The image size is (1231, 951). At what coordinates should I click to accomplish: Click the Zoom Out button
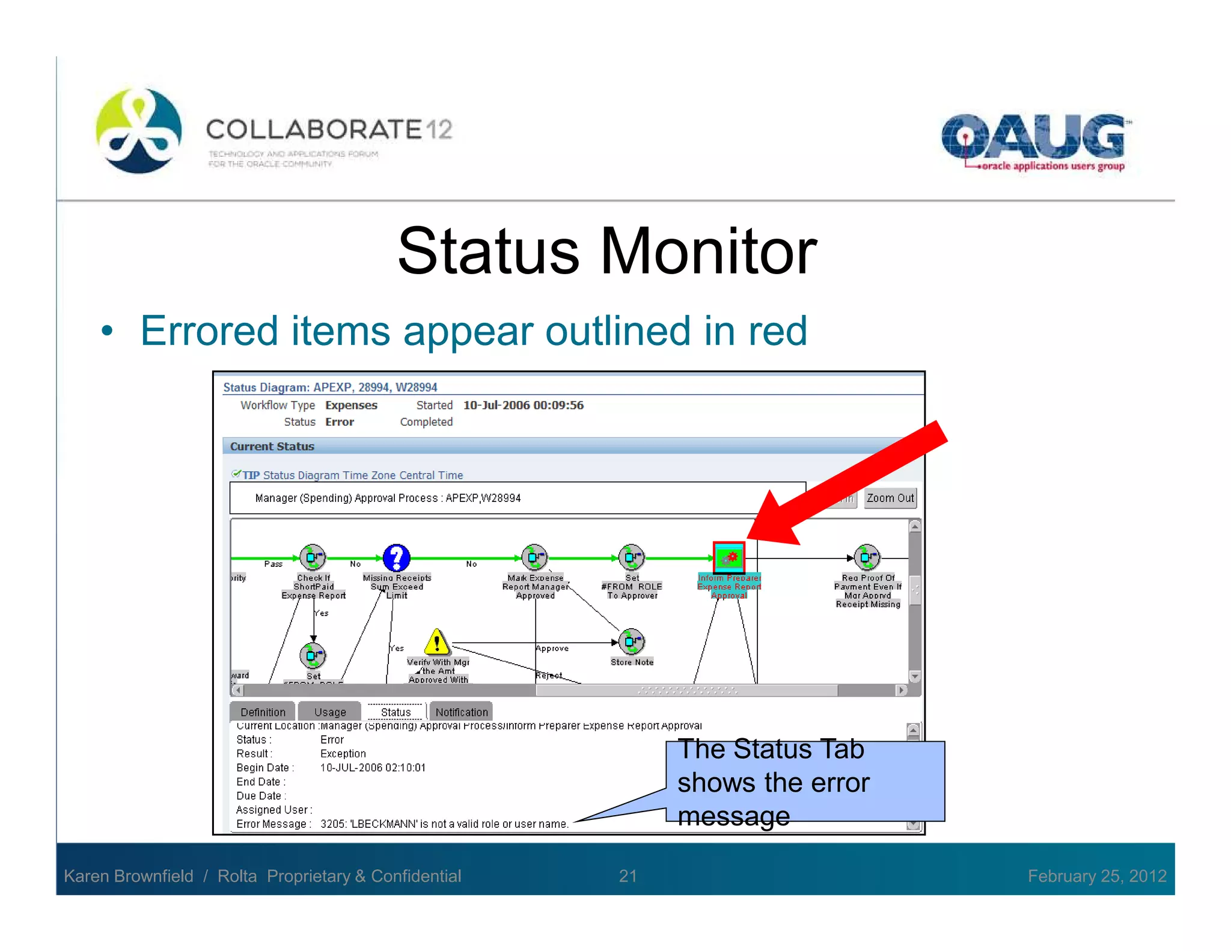(x=890, y=498)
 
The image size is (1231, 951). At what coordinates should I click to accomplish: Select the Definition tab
(x=263, y=712)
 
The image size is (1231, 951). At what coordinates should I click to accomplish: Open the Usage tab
(x=330, y=712)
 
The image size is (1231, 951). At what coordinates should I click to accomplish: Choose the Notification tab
(x=462, y=712)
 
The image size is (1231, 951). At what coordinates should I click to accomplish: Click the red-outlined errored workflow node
(x=729, y=558)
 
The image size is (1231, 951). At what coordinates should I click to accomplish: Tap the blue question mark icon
(x=397, y=558)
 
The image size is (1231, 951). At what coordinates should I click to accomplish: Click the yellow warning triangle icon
(x=437, y=642)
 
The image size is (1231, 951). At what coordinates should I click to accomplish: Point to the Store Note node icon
(x=632, y=642)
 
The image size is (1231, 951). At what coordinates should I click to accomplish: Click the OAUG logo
(x=1034, y=142)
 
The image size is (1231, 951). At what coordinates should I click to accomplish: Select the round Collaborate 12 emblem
(x=139, y=130)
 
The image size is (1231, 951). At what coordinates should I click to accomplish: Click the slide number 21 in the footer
(x=628, y=876)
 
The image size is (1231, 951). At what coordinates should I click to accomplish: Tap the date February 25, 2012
(x=1097, y=876)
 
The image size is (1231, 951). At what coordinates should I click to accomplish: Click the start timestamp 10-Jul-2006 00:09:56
(x=523, y=405)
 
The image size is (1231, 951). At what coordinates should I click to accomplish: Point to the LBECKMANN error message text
(x=444, y=824)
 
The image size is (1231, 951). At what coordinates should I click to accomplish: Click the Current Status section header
(x=272, y=446)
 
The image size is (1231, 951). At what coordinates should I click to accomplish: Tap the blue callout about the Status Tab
(x=805, y=781)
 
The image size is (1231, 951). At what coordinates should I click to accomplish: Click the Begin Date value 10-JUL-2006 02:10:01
(x=373, y=768)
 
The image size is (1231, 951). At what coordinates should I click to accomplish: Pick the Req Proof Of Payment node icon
(x=867, y=558)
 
